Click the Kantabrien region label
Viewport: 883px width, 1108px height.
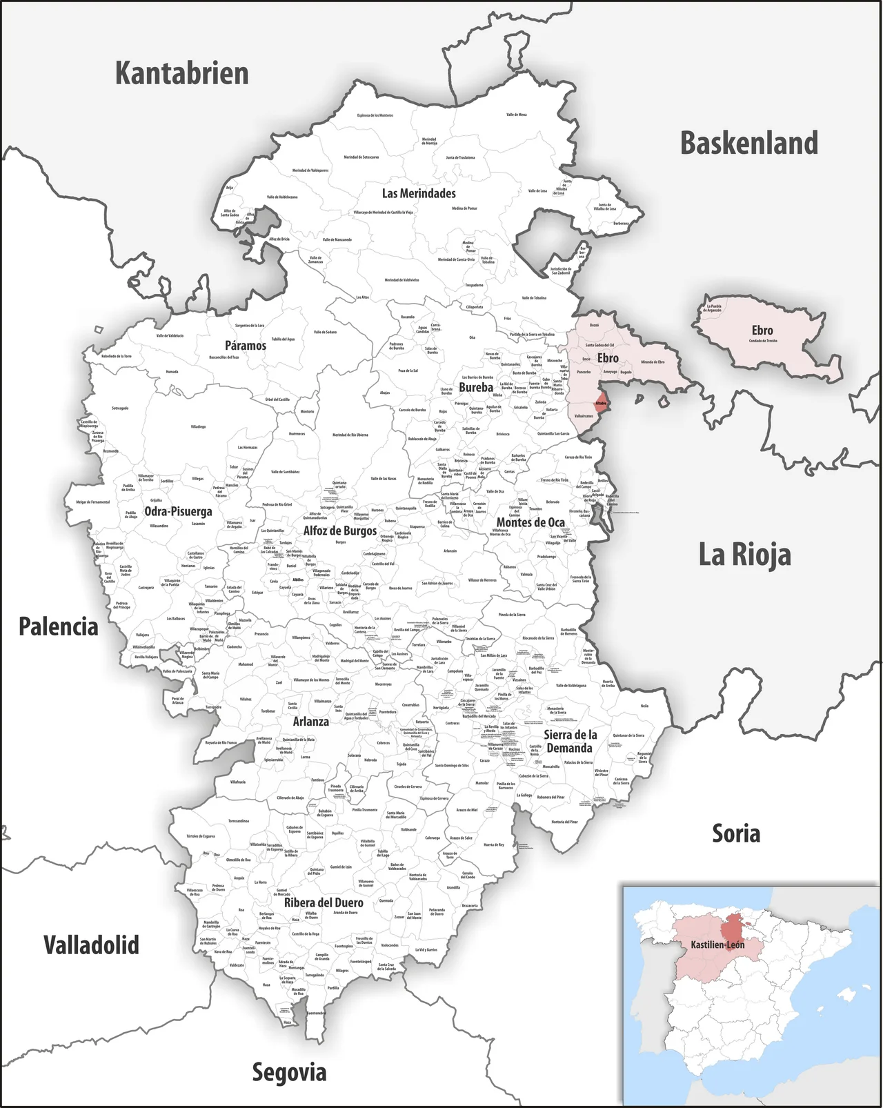[x=181, y=73]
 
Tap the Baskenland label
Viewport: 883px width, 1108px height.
[x=749, y=143]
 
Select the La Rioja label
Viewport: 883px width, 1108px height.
[x=744, y=554]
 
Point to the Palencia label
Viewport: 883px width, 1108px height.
[x=58, y=626]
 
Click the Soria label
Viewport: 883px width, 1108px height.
[x=736, y=833]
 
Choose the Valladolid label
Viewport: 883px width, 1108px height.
[x=91, y=944]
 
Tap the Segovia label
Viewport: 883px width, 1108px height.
[x=289, y=1072]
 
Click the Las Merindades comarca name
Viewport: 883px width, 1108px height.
[x=419, y=193]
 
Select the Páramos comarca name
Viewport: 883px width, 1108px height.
[x=245, y=345]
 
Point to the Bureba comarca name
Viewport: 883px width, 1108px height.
[x=476, y=387]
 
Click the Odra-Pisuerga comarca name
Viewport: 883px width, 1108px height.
[x=178, y=511]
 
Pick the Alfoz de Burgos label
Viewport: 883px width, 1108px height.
[x=340, y=531]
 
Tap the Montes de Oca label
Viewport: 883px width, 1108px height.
[x=530, y=522]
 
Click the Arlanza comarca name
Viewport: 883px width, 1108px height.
[x=310, y=722]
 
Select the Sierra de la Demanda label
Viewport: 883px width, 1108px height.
[x=570, y=741]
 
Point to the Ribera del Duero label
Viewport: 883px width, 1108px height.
[x=324, y=902]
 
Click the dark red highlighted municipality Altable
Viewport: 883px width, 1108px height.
[x=601, y=404]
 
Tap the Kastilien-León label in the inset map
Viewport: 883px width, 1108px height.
[x=717, y=944]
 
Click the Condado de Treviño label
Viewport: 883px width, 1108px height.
[x=763, y=341]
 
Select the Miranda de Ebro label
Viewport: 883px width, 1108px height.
[x=653, y=362]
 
